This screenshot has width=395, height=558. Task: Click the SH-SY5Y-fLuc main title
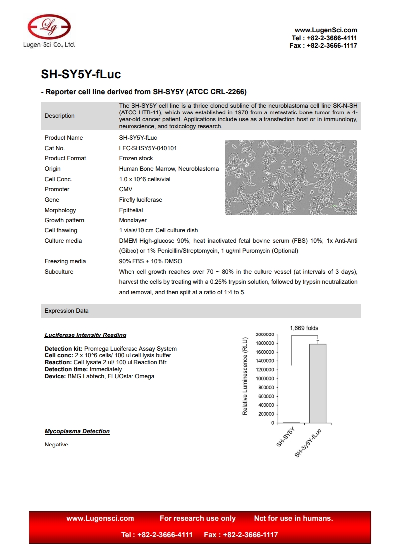coord(81,75)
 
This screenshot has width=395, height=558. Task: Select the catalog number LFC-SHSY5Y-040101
coord(148,148)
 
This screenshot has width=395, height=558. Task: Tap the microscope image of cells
coord(290,177)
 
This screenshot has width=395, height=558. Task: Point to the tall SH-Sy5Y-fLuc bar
coord(318,383)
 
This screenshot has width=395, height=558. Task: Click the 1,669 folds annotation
coord(304,328)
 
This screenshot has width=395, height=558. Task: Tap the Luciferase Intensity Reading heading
coord(85,335)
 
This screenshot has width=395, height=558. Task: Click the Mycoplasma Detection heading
coord(77,431)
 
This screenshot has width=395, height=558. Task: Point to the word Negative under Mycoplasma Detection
coord(56,445)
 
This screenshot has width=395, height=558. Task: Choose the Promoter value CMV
coord(126,189)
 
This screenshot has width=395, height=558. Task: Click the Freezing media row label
coord(65,261)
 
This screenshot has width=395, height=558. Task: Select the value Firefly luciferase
coord(140,200)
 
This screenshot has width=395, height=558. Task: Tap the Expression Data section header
coord(67,311)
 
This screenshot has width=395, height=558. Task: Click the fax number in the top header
coord(323,46)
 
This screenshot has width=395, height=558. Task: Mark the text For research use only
coord(198,518)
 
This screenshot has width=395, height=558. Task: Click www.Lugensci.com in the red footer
coord(100,518)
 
